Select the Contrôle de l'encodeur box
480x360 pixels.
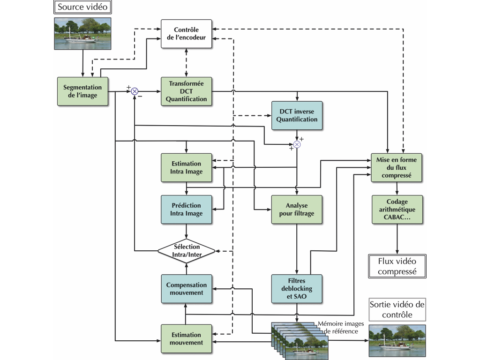click(186, 34)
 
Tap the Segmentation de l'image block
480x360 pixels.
click(82, 91)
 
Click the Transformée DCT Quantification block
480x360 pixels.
click(186, 91)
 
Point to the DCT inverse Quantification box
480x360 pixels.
click(297, 115)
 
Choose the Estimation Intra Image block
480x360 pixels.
click(186, 167)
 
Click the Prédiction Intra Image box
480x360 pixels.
click(186, 209)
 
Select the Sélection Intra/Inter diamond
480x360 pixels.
click(186, 250)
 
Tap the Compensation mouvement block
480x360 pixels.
click(186, 288)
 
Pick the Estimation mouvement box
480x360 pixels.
click(186, 338)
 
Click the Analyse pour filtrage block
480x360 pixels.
click(297, 209)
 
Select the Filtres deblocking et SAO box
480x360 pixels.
click(297, 288)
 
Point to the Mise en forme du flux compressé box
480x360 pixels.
click(396, 167)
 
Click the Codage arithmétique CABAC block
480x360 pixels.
click(397, 209)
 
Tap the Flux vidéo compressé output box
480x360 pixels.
click(397, 266)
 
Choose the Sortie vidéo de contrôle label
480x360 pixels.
click(397, 309)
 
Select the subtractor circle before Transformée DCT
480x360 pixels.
click(135, 91)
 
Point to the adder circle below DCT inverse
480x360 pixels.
click(297, 144)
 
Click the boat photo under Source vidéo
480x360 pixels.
click(82, 33)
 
